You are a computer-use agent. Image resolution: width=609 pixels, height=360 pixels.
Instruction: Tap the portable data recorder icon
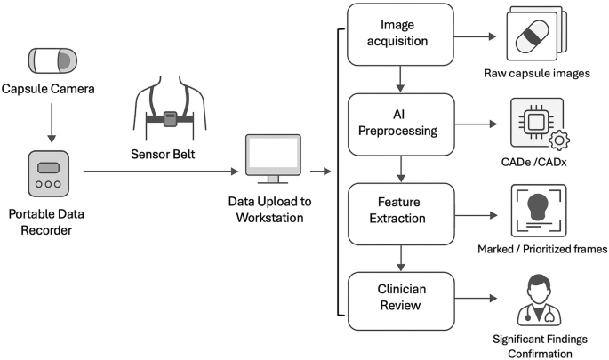(x=52, y=173)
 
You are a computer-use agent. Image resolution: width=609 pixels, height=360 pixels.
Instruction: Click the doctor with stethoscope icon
(x=541, y=300)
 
